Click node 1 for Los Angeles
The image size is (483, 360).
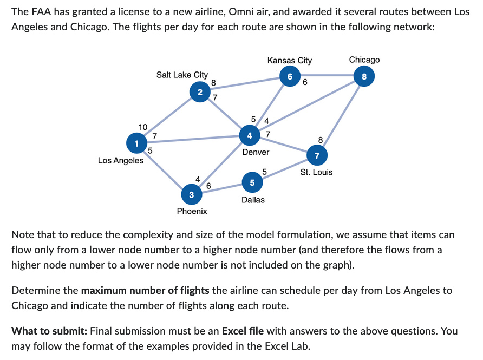coord(136,143)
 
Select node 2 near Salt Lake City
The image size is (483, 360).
coord(200,93)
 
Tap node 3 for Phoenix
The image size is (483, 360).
coord(191,194)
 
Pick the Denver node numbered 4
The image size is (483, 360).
coord(249,134)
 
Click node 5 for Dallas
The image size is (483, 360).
coord(252,183)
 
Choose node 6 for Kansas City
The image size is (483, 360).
coord(290,76)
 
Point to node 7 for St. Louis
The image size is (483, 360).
coord(317,156)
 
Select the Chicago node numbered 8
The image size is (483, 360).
coord(364,76)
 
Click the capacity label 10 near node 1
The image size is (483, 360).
coord(143,127)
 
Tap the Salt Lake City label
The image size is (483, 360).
coord(182,75)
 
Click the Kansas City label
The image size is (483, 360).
coord(290,60)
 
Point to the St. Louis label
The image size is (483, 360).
coord(317,172)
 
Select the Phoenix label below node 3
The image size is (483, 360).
coord(192,211)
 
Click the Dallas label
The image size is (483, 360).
coord(253,200)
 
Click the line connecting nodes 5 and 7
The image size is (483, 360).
coord(284,169)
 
